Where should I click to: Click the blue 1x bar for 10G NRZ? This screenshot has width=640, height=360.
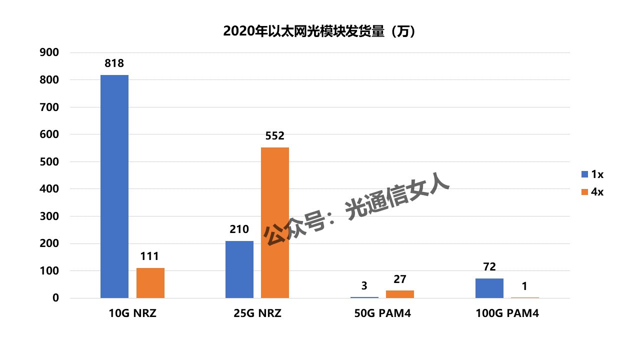(x=114, y=186)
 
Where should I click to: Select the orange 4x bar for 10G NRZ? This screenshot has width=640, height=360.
(x=150, y=283)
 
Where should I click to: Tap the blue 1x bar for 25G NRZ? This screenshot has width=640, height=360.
(x=239, y=269)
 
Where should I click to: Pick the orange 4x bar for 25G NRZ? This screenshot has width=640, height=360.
(x=275, y=222)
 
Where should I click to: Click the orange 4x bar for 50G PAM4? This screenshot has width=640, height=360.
(x=400, y=294)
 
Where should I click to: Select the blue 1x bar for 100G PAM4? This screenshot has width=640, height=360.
(x=489, y=288)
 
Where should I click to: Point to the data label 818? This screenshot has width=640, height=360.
(x=114, y=63)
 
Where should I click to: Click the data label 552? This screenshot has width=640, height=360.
(x=275, y=136)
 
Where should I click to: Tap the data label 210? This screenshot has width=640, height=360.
(x=239, y=229)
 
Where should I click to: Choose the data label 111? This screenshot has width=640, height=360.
(x=150, y=256)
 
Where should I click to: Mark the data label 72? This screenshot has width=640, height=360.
(x=489, y=267)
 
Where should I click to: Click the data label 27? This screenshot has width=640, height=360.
(x=400, y=279)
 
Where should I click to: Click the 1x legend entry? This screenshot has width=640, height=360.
(x=592, y=174)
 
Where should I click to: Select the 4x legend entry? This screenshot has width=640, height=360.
(x=592, y=192)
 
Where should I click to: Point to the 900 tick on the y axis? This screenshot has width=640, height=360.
(x=49, y=52)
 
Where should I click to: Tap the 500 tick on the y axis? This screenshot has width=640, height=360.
(x=49, y=162)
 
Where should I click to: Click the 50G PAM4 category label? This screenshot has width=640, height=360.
(x=382, y=314)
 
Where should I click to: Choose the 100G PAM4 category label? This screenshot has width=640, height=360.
(x=507, y=314)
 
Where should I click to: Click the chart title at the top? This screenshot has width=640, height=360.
(x=319, y=31)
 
